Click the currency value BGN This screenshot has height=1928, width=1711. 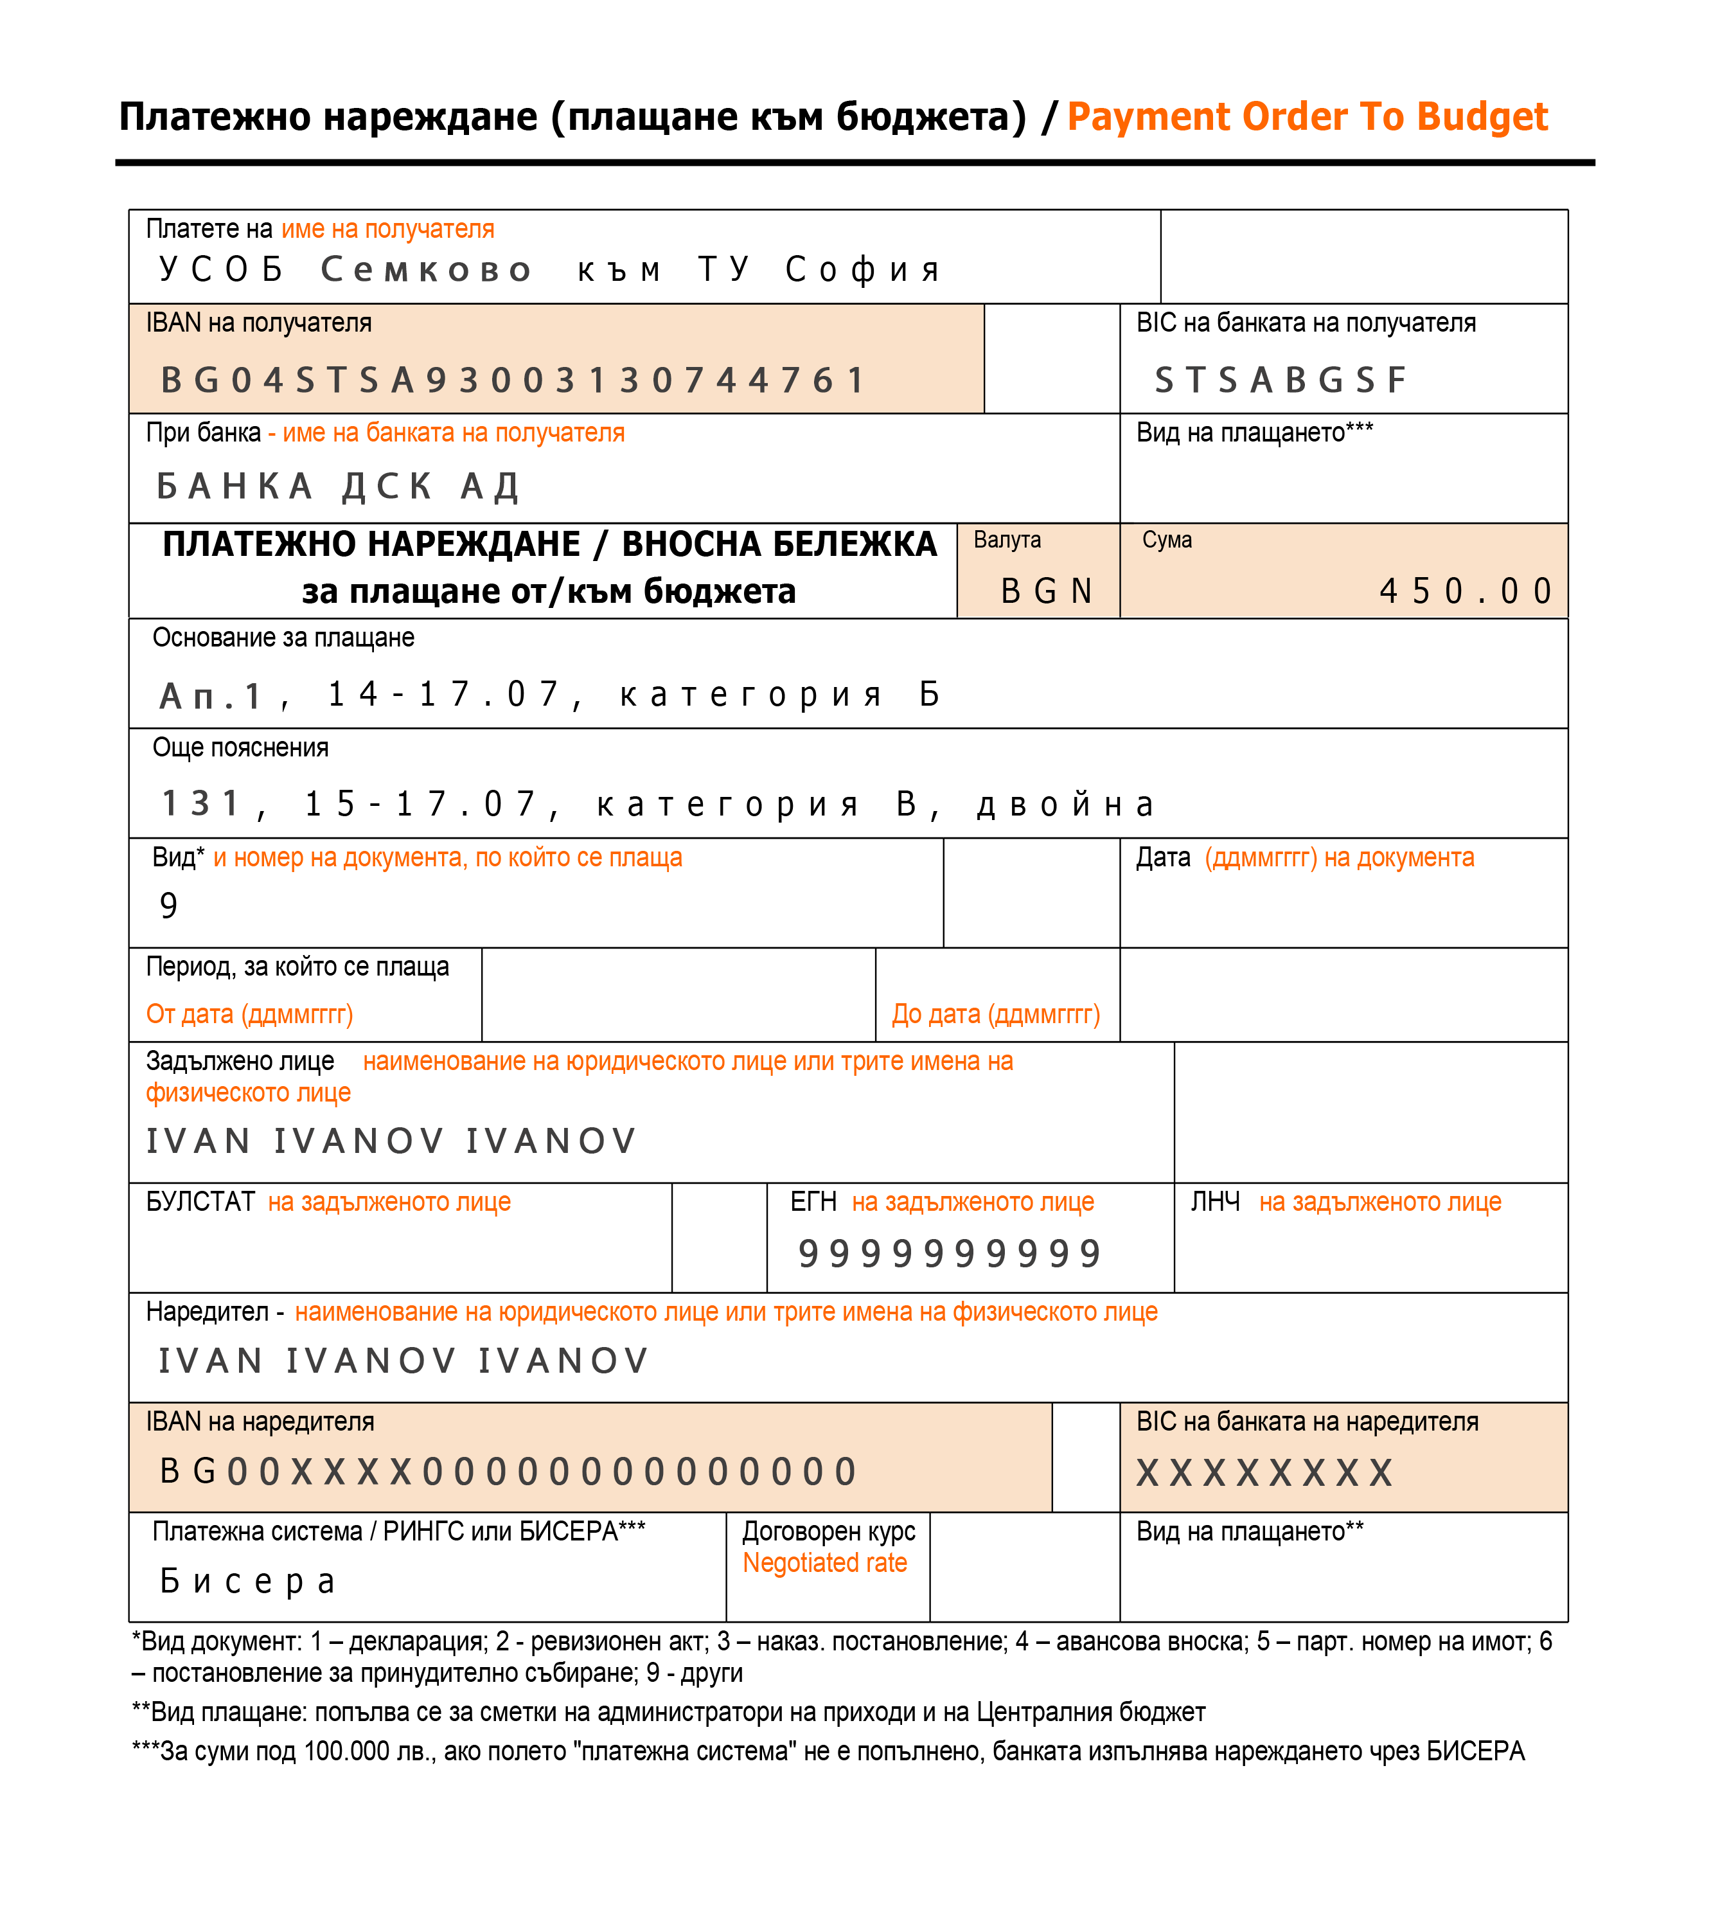[1046, 591]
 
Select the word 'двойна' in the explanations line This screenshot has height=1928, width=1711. [1066, 805]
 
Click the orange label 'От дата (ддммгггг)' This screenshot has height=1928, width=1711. [249, 1015]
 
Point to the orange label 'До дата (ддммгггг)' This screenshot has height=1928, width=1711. [996, 1015]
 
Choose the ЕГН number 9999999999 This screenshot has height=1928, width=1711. [949, 1254]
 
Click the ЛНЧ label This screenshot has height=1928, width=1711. [1215, 1202]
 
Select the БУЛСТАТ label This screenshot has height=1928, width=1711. [200, 1202]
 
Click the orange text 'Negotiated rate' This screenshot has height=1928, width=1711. [824, 1563]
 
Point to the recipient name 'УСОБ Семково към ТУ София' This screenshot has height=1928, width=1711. [550, 270]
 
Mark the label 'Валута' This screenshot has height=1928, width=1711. [1007, 540]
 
